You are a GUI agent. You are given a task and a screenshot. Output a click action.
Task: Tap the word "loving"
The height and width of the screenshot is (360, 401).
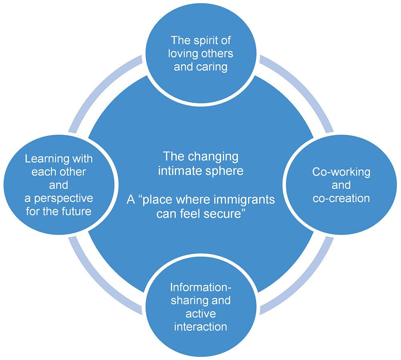(183, 53)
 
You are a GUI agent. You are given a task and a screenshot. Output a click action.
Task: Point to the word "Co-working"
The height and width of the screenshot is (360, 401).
(341, 172)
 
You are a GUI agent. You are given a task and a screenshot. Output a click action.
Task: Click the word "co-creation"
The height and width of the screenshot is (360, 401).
(341, 198)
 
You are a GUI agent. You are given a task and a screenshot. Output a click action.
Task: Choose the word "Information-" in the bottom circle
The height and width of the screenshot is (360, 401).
(201, 287)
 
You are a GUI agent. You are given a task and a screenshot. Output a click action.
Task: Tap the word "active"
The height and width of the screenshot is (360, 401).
(201, 313)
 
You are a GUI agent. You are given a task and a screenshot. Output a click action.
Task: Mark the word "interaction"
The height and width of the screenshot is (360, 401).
(201, 326)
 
